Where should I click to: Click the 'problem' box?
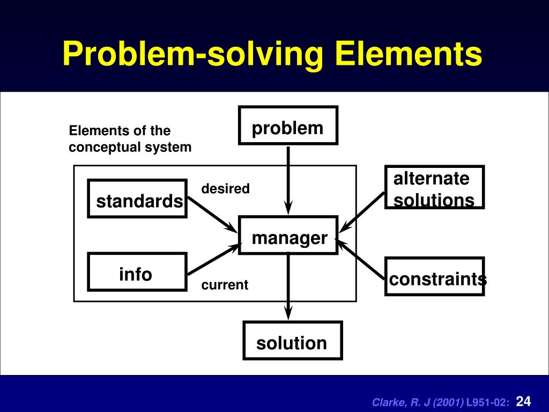[x=288, y=126]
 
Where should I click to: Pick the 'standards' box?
[x=137, y=198]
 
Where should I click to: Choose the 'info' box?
[x=137, y=271]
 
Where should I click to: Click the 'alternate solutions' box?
[x=434, y=187]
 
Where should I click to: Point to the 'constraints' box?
[x=434, y=276]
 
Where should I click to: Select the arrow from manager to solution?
[x=289, y=284]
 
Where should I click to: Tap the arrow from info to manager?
[x=212, y=259]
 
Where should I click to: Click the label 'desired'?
[x=225, y=189]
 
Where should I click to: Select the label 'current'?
[x=225, y=285]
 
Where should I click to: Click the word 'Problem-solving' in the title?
[x=193, y=54]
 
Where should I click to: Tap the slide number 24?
[x=523, y=401]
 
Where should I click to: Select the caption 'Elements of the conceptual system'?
[x=130, y=139]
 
